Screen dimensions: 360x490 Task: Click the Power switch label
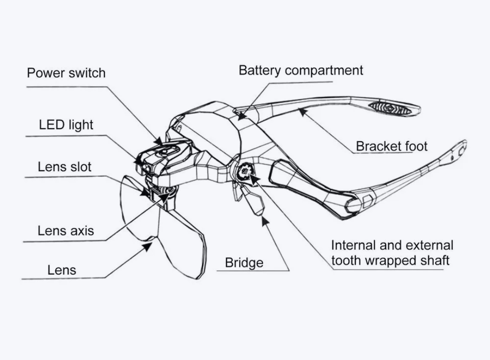coord(66,73)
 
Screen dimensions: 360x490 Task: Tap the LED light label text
coord(66,124)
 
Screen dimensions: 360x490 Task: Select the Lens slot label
coord(64,167)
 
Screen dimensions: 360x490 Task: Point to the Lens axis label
coord(66,231)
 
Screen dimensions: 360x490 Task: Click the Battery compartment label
coord(301,70)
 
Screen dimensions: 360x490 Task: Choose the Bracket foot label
coord(392,146)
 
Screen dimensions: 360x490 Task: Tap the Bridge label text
coord(244,263)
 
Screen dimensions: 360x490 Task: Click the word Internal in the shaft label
coord(353,246)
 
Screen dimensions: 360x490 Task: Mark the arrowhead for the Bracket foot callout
coord(301,111)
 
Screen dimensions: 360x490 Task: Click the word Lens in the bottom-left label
coord(62,271)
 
